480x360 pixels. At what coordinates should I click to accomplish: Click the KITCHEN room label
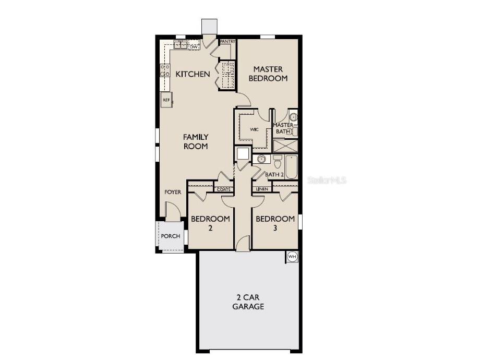(x=193, y=74)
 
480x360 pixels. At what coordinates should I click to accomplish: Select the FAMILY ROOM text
(x=195, y=141)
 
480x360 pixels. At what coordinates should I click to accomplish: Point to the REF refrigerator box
(x=166, y=100)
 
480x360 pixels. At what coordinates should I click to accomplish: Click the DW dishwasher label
(x=194, y=47)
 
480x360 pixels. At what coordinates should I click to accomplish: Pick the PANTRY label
(x=227, y=41)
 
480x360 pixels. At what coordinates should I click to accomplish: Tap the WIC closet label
(x=255, y=129)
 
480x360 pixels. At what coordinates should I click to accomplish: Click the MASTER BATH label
(x=283, y=128)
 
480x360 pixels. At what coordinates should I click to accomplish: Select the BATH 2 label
(x=274, y=175)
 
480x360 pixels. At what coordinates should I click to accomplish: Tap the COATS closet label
(x=223, y=189)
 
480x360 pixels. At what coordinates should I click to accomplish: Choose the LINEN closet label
(x=262, y=189)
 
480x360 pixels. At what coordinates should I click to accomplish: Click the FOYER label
(x=173, y=192)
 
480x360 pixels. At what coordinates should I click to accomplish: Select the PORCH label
(x=170, y=236)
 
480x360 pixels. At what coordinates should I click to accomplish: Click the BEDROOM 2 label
(x=210, y=223)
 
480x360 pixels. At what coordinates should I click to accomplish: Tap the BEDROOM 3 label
(x=275, y=223)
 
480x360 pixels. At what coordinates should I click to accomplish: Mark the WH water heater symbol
(x=292, y=256)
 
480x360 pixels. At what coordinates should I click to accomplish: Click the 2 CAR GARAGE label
(x=248, y=302)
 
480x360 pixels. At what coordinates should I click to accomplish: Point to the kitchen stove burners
(x=165, y=70)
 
